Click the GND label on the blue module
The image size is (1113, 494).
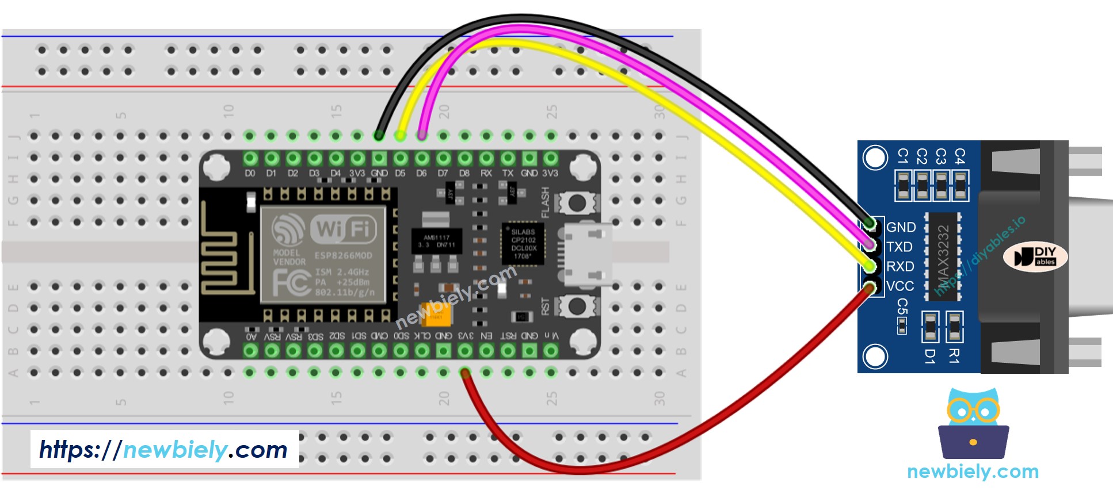pyautogui.click(x=901, y=227)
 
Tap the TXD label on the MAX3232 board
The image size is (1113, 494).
pyautogui.click(x=899, y=247)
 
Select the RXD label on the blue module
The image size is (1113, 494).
pyautogui.click(x=900, y=266)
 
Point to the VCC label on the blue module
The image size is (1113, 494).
pyautogui.click(x=900, y=286)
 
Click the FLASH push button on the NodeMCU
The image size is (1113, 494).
pyautogui.click(x=577, y=202)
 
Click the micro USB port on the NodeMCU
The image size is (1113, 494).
pyautogui.click(x=587, y=254)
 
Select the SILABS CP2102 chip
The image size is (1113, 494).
pyautogui.click(x=523, y=243)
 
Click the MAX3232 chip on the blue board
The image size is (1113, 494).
pyautogui.click(x=943, y=256)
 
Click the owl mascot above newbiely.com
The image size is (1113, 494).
pyautogui.click(x=973, y=423)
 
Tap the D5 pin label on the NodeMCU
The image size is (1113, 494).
pyautogui.click(x=401, y=173)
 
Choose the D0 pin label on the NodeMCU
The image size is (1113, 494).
pyautogui.click(x=250, y=173)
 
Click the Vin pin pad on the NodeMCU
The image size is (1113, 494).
pyautogui.click(x=551, y=350)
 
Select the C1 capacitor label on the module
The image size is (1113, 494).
pyautogui.click(x=903, y=156)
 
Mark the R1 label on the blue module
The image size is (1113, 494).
pyautogui.click(x=954, y=356)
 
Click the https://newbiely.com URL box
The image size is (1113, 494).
pyautogui.click(x=165, y=449)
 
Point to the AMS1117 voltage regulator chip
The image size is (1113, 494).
pyautogui.click(x=436, y=242)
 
